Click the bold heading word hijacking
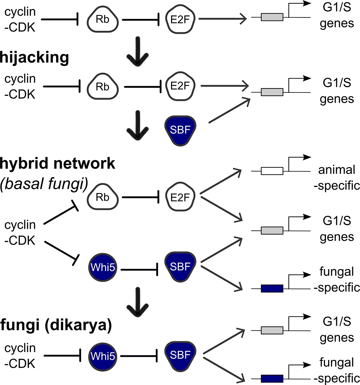[x=34, y=58]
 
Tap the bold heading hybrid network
[x=57, y=163]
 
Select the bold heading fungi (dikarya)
[x=56, y=325]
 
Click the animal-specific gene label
[x=336, y=178]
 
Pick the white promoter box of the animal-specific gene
[x=272, y=171]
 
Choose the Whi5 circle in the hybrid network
[x=103, y=267]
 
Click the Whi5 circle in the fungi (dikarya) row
[x=103, y=356]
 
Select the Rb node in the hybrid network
[x=103, y=197]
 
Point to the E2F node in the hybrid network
[x=180, y=197]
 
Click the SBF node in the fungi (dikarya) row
[x=180, y=355]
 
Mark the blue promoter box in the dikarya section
[x=272, y=379]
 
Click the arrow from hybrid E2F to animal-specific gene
[x=220, y=182]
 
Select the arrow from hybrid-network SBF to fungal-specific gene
[x=222, y=278]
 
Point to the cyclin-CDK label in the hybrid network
[x=20, y=232]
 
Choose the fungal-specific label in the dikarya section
[x=336, y=370]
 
